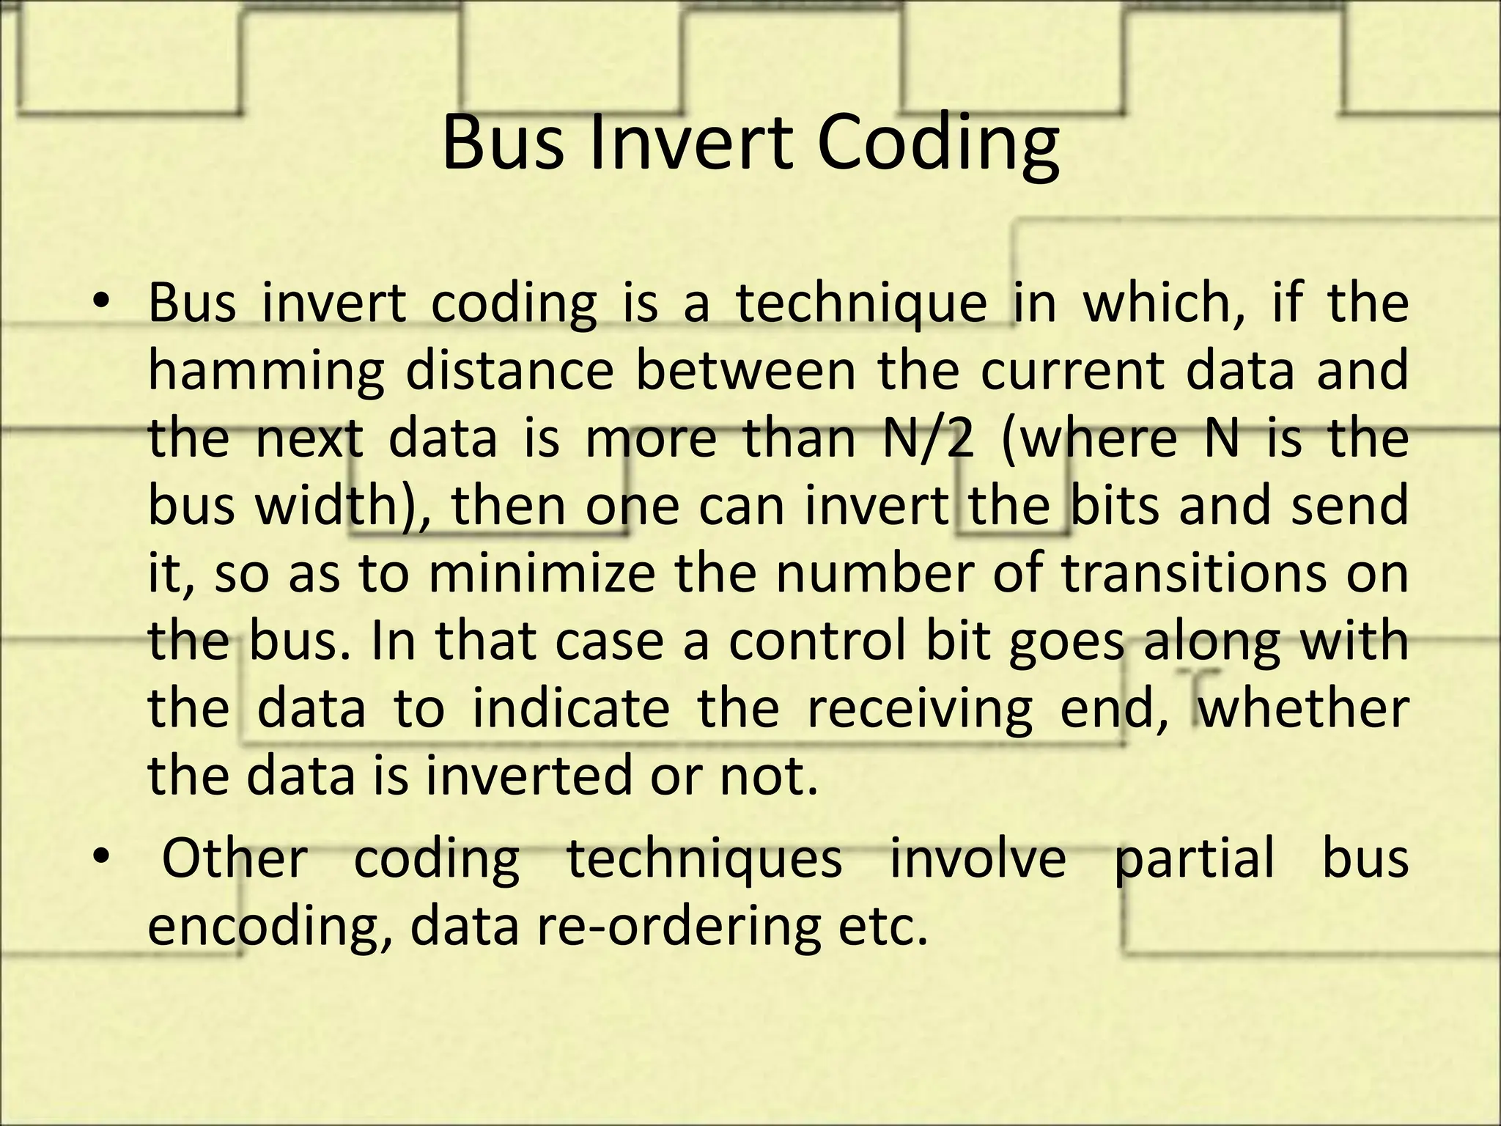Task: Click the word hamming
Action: (x=265, y=372)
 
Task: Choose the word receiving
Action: (x=919, y=711)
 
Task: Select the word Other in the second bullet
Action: (x=235, y=858)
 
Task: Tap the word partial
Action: (x=1195, y=860)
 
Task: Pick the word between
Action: (x=745, y=370)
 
